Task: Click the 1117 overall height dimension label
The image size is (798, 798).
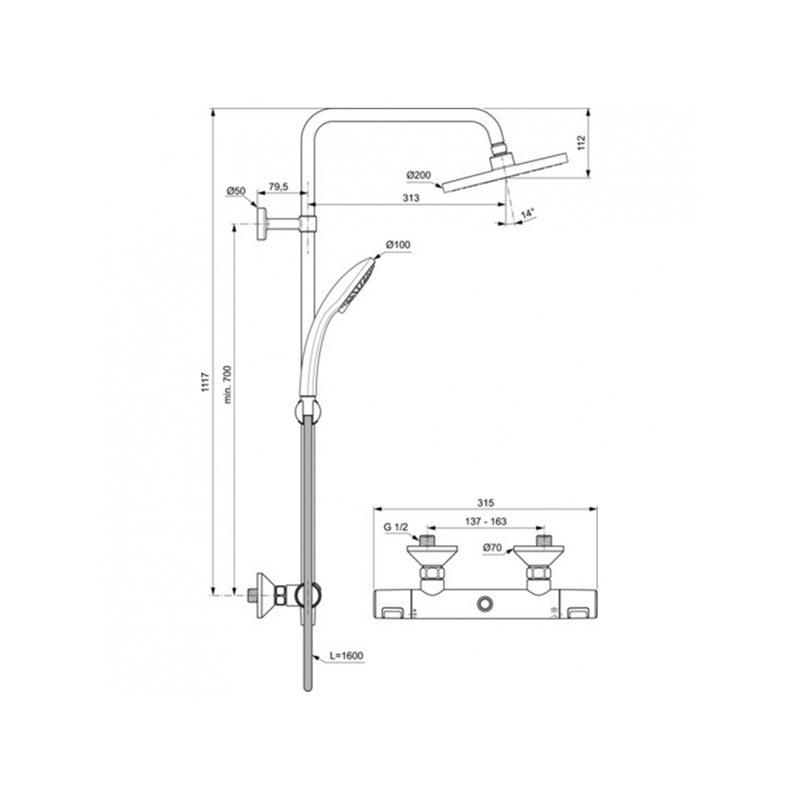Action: pyautogui.click(x=206, y=382)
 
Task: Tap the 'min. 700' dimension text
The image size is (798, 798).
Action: pyautogui.click(x=227, y=385)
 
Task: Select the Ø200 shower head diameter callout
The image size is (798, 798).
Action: pyautogui.click(x=418, y=176)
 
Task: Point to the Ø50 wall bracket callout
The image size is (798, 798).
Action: pyautogui.click(x=236, y=192)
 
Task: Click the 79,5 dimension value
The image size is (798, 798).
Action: pyautogui.click(x=278, y=187)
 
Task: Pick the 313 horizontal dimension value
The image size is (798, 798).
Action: pyautogui.click(x=411, y=198)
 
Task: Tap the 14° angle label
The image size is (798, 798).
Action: pyautogui.click(x=527, y=214)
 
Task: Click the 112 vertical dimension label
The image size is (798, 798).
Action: pyautogui.click(x=582, y=143)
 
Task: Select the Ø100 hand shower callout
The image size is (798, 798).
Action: pyautogui.click(x=397, y=245)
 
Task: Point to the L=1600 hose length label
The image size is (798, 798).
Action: pyautogui.click(x=346, y=655)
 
